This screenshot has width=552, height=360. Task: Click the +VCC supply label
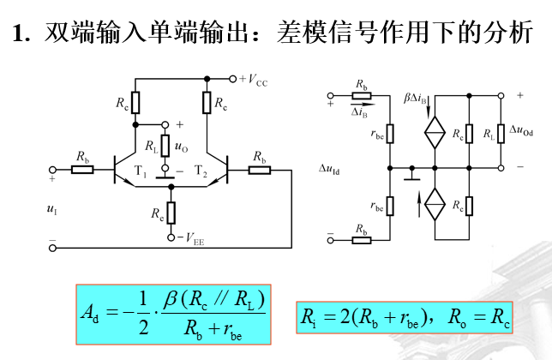[x=254, y=80]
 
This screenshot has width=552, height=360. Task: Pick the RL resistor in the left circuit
[x=165, y=147]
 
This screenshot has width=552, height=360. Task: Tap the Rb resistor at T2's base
[x=258, y=170]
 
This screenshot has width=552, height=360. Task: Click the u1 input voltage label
[x=51, y=207]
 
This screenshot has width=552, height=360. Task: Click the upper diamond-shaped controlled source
[x=435, y=133]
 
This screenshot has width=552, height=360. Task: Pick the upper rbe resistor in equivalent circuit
[x=390, y=133]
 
